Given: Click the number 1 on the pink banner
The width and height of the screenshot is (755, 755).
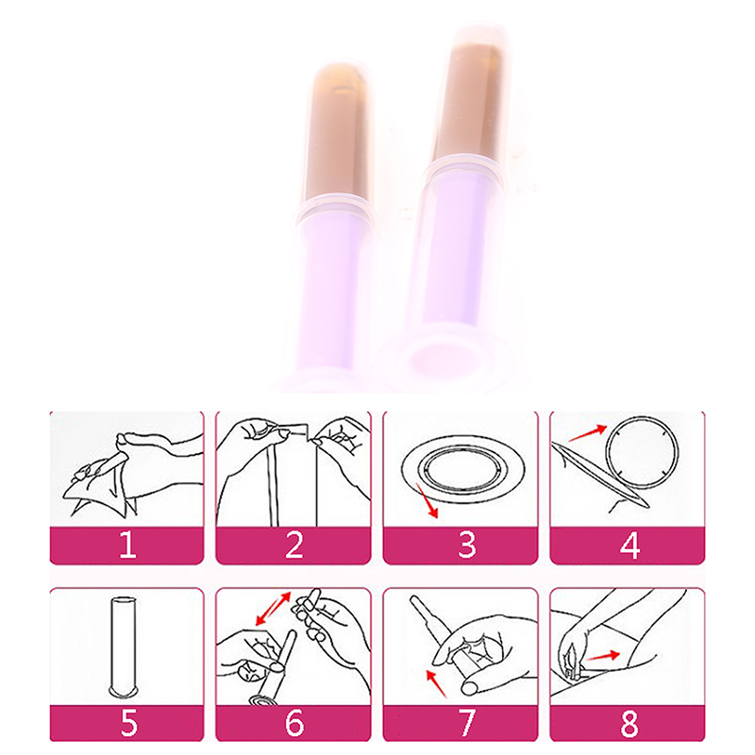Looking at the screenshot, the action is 127,545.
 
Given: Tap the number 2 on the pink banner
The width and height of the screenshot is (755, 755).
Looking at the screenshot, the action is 294,545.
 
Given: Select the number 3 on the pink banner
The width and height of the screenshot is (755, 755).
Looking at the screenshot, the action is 466,545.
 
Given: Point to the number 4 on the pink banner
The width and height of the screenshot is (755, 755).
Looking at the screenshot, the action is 629,545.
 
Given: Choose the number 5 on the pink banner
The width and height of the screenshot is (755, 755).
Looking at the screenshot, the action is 128,722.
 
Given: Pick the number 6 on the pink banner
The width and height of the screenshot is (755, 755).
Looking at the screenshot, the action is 294,722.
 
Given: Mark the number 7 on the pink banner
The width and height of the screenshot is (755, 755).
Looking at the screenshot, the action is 466,722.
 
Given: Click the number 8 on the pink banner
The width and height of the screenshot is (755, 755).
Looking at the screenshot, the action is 629,722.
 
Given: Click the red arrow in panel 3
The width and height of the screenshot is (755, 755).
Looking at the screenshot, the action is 428,501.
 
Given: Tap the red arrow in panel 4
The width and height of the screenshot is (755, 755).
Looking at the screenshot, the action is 588,433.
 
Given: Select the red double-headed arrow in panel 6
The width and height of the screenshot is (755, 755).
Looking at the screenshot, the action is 273,608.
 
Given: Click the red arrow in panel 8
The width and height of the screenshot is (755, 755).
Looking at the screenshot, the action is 602,656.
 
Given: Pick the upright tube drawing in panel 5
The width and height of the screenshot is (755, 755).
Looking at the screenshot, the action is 124,646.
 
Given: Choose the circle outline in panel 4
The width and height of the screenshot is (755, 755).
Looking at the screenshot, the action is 643,452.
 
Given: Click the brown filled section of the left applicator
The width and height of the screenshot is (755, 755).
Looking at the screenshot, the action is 337,131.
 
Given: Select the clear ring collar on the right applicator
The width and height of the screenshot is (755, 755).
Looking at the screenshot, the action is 464,175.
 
